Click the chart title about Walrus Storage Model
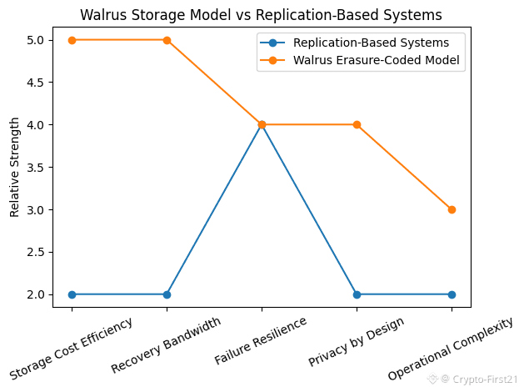pyautogui.click(x=261, y=14)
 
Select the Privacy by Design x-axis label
pyautogui.click(x=357, y=341)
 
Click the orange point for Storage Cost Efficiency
pyautogui.click(x=72, y=40)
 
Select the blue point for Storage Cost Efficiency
pyautogui.click(x=72, y=294)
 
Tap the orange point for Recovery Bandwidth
pyautogui.click(x=167, y=40)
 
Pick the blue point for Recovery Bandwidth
pyautogui.click(x=167, y=294)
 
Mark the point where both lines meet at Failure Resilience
pyautogui.click(x=262, y=124)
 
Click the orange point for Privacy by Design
pyautogui.click(x=357, y=124)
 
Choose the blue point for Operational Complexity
pyautogui.click(x=452, y=294)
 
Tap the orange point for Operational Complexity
pyautogui.click(x=452, y=209)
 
